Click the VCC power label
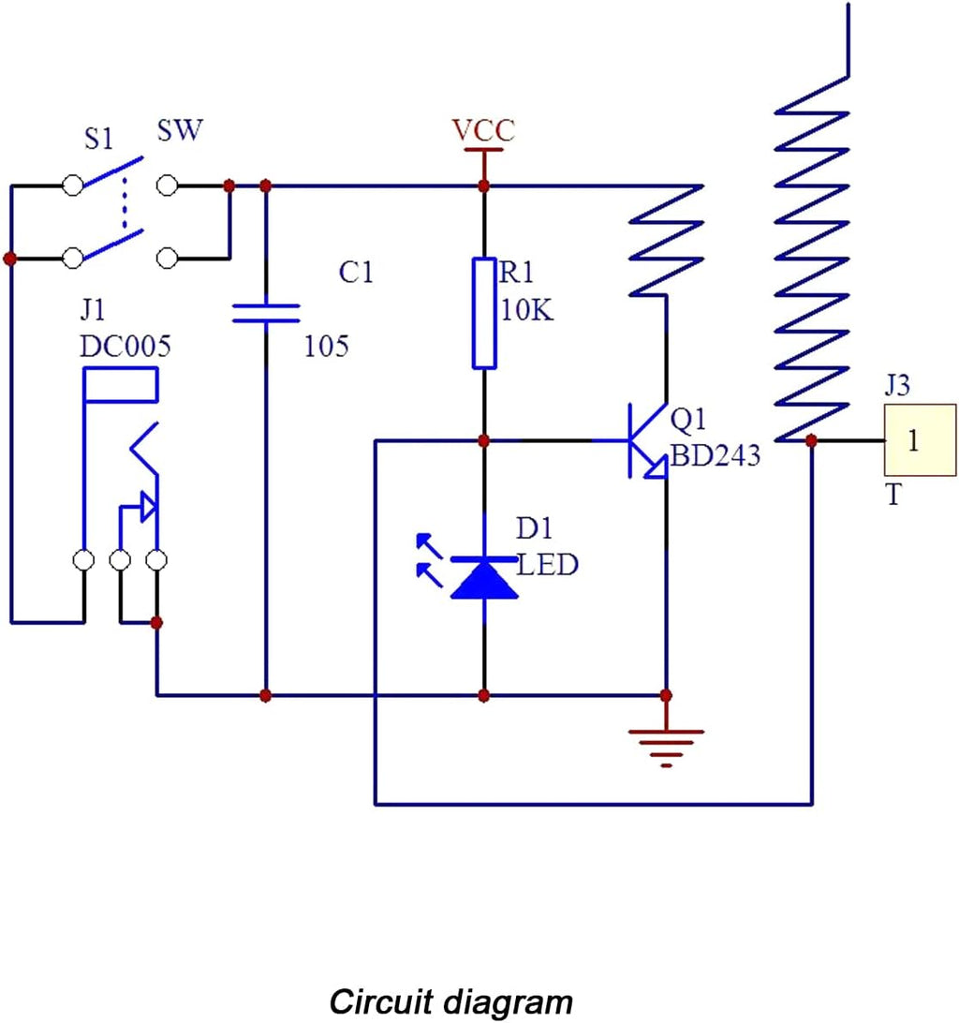coord(483,130)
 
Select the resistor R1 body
coord(484,313)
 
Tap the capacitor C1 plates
coord(266,313)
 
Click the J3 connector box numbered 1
coord(920,440)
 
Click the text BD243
coord(715,455)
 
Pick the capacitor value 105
coord(326,346)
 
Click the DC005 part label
coord(125,347)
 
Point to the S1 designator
coord(98,139)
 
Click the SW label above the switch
coord(180,130)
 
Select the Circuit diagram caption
coord(450,1001)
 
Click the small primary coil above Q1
coord(666,241)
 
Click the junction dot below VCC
coord(483,186)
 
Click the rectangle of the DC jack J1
coord(121,384)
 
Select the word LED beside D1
coord(547,565)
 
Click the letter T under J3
coord(893,495)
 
